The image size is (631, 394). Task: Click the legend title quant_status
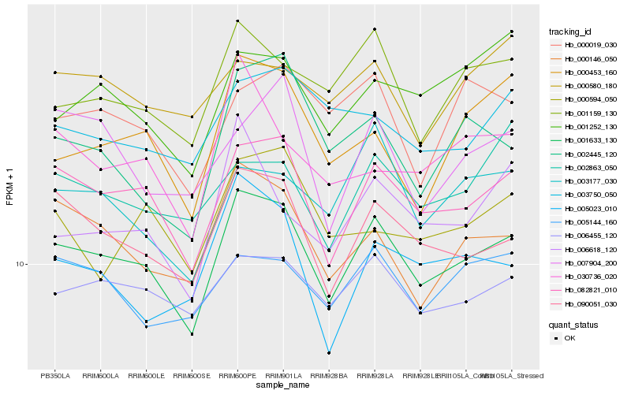[573, 324]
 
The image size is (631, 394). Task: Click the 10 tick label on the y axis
[21, 265]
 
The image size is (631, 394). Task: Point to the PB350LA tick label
[54, 375]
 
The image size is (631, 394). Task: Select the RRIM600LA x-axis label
[100, 375]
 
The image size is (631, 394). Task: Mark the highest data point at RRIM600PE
[237, 20]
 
